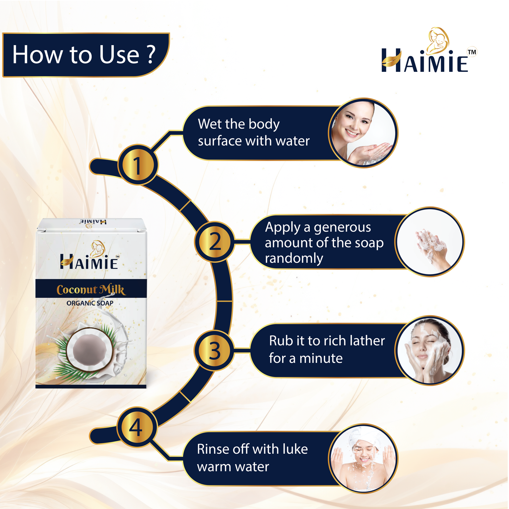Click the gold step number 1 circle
[138, 165]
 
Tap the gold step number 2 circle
[215, 242]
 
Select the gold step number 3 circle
[214, 350]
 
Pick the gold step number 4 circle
[137, 427]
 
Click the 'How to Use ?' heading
[84, 55]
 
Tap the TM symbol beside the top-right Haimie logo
[472, 52]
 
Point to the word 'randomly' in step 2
[294, 258]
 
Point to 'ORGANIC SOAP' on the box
[90, 303]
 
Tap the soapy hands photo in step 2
[429, 242]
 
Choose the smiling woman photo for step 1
[363, 133]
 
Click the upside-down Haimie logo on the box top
[93, 222]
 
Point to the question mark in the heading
[151, 54]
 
